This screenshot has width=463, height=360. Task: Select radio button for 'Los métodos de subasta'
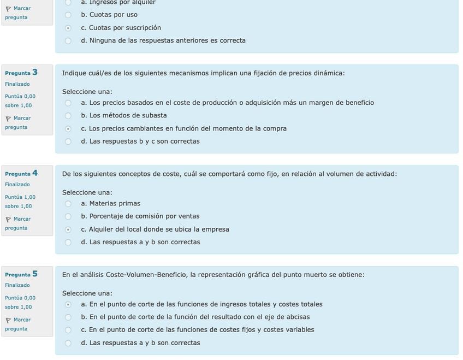click(x=68, y=116)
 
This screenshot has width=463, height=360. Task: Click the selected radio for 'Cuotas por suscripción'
click(x=68, y=28)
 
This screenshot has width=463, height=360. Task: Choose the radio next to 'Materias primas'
click(x=68, y=204)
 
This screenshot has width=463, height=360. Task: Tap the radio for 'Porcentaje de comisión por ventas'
click(x=68, y=216)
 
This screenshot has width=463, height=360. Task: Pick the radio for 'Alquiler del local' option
click(x=68, y=229)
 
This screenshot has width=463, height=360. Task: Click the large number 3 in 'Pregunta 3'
click(x=35, y=72)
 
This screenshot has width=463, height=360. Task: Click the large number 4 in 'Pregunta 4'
click(x=35, y=173)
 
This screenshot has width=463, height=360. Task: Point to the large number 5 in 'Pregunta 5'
click(x=35, y=274)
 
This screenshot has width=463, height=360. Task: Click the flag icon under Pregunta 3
click(x=8, y=119)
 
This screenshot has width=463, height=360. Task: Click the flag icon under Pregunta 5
click(x=8, y=320)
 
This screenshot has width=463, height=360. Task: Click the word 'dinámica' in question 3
click(x=328, y=73)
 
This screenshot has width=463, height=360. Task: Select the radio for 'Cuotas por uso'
click(x=68, y=15)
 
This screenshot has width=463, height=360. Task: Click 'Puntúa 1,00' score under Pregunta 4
click(x=20, y=197)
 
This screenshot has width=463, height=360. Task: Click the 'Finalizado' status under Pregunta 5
click(x=17, y=285)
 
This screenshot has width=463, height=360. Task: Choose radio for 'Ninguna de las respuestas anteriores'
click(x=68, y=40)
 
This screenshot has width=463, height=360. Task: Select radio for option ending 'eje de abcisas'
click(x=68, y=317)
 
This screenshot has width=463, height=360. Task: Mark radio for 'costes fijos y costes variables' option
click(x=68, y=330)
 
